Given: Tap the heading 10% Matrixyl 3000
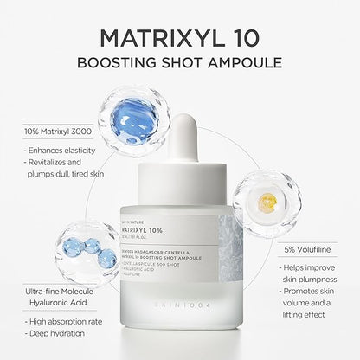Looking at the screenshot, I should tap(49, 131).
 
